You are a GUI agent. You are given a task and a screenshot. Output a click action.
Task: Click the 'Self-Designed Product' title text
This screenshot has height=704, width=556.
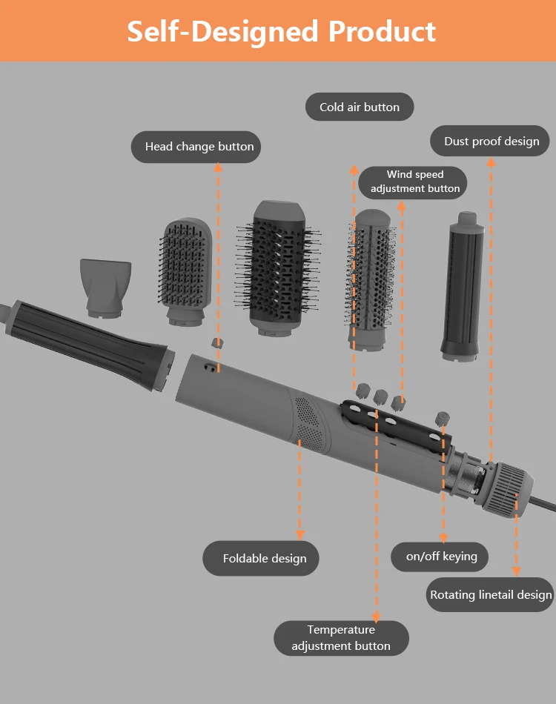point(281,31)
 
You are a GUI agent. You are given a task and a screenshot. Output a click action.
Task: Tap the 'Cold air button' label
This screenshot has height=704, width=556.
point(360,107)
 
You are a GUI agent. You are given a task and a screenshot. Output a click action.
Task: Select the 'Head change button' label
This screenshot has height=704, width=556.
point(199,147)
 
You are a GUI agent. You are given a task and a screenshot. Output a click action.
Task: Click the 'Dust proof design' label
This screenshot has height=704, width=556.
point(491,142)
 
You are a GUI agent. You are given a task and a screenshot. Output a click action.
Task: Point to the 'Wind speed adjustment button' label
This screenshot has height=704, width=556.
point(414,182)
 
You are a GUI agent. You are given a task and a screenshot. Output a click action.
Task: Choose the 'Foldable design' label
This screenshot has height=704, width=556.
point(264,558)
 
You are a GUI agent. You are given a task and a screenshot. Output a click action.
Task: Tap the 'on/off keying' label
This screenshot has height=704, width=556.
point(441,557)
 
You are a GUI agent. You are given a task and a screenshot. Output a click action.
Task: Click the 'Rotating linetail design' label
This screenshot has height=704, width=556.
point(491,594)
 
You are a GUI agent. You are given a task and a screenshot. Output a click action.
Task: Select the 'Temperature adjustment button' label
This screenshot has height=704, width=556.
point(341,638)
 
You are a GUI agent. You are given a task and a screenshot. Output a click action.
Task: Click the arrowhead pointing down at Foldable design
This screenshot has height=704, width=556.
point(300,534)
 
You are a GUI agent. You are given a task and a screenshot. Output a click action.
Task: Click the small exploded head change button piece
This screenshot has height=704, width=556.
point(218,343)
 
